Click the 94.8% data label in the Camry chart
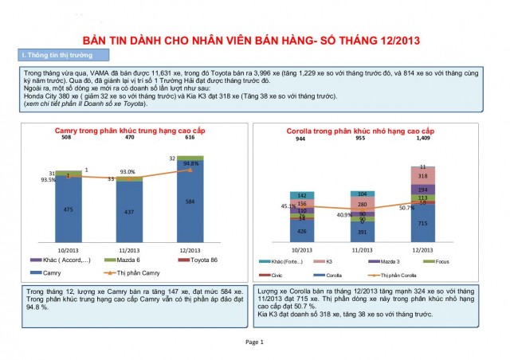190,163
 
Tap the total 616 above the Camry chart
189,138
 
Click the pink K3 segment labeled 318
422,176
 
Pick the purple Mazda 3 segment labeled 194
422,190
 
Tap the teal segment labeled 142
302,195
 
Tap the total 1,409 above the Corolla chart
422,139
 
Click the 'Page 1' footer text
254,342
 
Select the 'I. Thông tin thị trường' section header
56,54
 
